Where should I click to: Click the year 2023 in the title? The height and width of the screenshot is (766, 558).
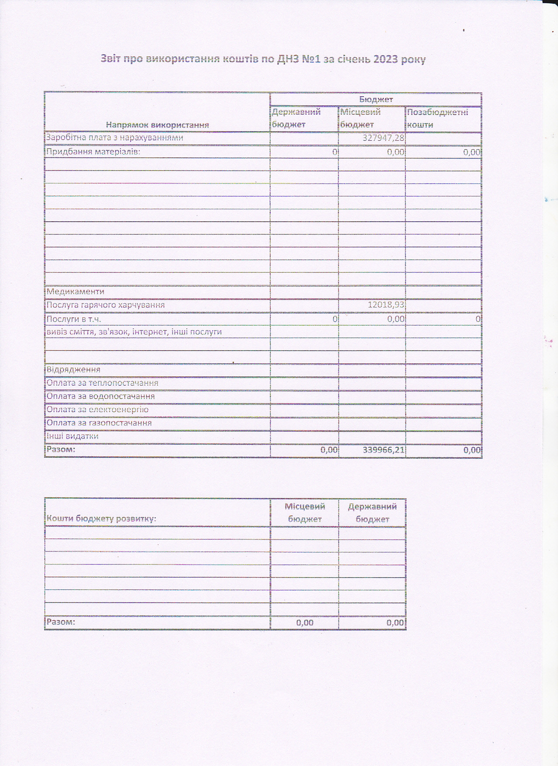[x=385, y=59]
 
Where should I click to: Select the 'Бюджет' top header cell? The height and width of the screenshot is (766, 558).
[x=376, y=99]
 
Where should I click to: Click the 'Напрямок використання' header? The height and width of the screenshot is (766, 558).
[x=157, y=125]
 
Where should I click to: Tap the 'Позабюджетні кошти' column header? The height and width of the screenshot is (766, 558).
[x=437, y=118]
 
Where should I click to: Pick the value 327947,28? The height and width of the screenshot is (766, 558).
[x=383, y=138]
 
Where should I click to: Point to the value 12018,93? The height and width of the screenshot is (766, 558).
[x=386, y=304]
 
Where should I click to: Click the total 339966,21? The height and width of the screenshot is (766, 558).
[x=384, y=449]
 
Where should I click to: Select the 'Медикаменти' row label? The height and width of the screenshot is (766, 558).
[x=75, y=292]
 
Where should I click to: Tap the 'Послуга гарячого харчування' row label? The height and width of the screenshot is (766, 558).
[x=105, y=305]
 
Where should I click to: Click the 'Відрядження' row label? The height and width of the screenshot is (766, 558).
[x=73, y=369]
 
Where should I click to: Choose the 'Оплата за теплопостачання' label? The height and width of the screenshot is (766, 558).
[x=102, y=383]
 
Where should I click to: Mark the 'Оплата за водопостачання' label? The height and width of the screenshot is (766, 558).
[x=101, y=396]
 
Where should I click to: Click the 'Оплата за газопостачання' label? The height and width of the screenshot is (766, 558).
[x=99, y=423]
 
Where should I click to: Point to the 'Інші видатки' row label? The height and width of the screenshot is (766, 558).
[x=73, y=436]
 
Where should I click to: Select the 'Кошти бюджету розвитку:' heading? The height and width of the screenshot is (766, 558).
[x=101, y=519]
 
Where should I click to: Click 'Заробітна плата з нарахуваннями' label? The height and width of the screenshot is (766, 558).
[x=115, y=138]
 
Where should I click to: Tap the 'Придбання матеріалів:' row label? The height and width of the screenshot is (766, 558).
[x=93, y=152]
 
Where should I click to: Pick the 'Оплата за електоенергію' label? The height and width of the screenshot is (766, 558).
[x=98, y=410]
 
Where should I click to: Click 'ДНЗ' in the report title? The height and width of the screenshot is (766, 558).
[x=286, y=59]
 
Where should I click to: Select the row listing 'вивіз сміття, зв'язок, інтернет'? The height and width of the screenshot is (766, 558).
[x=134, y=332]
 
